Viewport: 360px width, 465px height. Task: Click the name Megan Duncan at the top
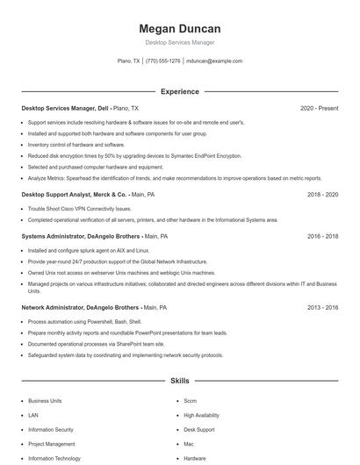[179, 28]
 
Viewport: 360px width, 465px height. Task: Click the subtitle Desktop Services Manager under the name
[179, 42]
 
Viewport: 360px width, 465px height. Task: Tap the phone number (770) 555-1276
[163, 61]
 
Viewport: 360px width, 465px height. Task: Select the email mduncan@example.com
[214, 61]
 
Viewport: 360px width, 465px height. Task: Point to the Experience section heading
[179, 91]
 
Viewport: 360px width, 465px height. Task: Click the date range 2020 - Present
[319, 108]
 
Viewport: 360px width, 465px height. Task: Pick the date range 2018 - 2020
[322, 194]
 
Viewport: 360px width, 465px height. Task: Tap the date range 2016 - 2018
[322, 236]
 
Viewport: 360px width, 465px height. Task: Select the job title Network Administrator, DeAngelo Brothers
[80, 308]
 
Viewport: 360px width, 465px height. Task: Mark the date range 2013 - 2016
[322, 308]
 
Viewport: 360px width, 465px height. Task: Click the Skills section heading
[179, 381]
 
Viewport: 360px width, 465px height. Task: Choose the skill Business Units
[45, 400]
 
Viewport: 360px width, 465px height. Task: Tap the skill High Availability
[203, 415]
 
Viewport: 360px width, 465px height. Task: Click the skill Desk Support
[198, 430]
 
